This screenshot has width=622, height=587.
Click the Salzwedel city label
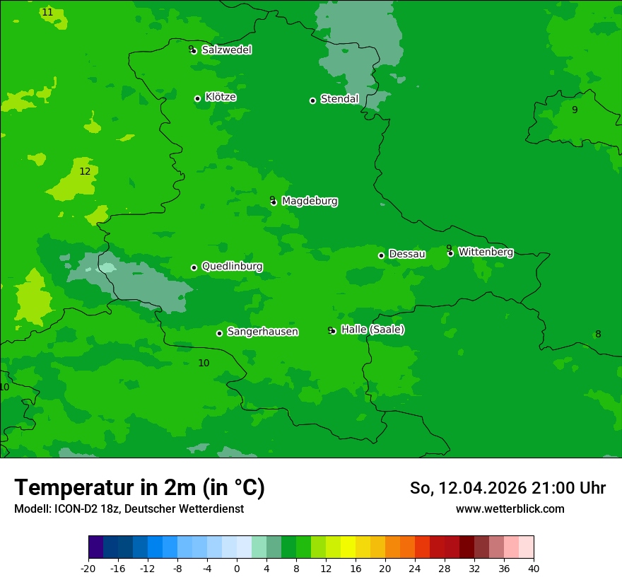(226, 50)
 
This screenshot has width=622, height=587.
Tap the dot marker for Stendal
(312, 100)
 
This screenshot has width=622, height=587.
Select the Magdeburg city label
(310, 202)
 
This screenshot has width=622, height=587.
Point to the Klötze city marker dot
(197, 98)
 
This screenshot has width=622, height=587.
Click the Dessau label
(407, 254)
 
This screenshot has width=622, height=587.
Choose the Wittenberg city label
(486, 252)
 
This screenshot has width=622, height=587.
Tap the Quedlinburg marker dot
(194, 267)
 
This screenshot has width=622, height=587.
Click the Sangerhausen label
(262, 332)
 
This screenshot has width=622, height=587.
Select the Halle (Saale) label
(372, 330)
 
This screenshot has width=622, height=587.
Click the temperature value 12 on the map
(85, 171)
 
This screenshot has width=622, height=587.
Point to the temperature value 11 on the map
(47, 12)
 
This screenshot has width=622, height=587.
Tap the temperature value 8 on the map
(598, 334)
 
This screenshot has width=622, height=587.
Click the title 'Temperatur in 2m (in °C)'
(139, 488)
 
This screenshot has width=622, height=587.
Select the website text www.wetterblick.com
(510, 508)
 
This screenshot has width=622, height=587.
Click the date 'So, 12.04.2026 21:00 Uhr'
(507, 488)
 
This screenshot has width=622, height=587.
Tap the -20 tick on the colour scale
(88, 568)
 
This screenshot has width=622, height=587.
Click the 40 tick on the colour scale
(534, 568)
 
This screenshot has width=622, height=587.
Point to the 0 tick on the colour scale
(237, 568)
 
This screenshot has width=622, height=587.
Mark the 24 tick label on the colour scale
(415, 568)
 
